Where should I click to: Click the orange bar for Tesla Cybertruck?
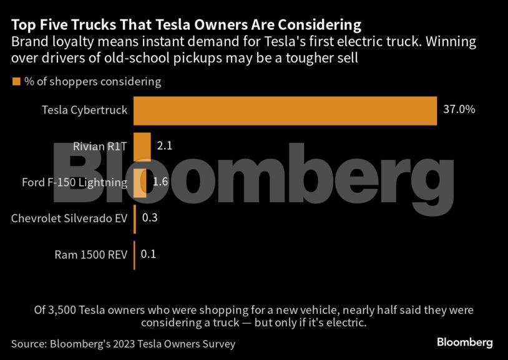(285, 110)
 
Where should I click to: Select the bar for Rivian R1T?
(142, 147)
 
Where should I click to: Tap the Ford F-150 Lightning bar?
(140, 183)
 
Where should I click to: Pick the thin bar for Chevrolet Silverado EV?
(135, 218)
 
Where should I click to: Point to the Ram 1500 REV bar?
(134, 255)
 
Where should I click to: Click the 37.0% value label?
(459, 110)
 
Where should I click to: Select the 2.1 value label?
(164, 146)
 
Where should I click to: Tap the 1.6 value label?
(160, 182)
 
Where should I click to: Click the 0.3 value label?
(150, 218)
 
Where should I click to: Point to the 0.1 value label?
(149, 255)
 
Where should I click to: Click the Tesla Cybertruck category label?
(84, 110)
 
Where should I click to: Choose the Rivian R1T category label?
(100, 147)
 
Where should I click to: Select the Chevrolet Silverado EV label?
(69, 218)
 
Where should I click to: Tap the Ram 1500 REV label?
(90, 255)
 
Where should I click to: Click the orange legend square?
(16, 81)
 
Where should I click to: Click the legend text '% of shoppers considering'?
(92, 82)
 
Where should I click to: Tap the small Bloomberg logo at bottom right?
(464, 343)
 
